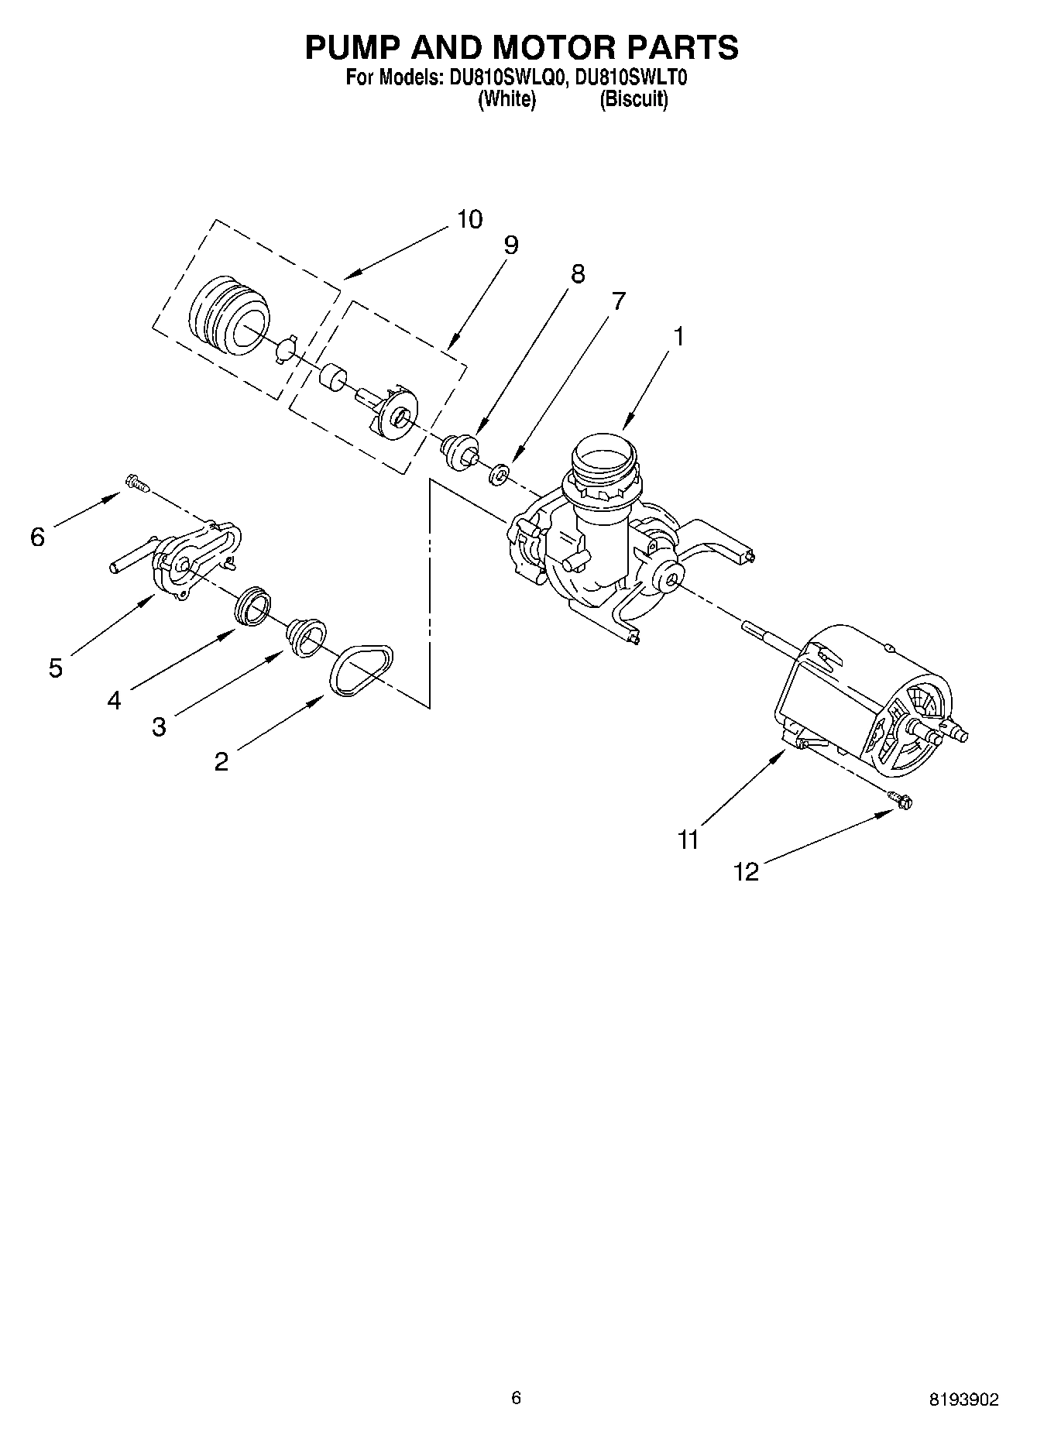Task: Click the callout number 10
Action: [469, 219]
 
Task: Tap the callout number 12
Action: [746, 872]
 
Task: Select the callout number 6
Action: [38, 537]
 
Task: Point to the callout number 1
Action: [678, 337]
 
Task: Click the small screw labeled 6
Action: [136, 483]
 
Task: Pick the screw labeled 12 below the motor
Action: [900, 799]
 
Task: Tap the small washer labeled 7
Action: [500, 473]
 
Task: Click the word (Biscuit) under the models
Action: [634, 100]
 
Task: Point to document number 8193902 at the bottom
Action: [963, 1399]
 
